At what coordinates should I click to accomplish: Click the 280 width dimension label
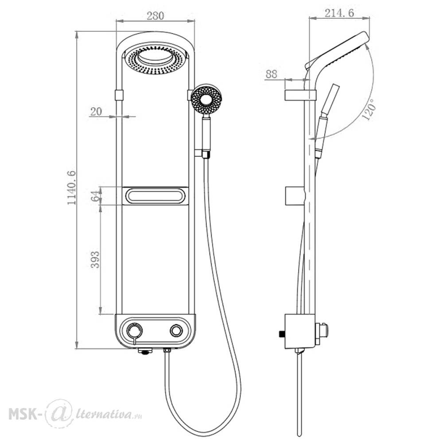(x=155, y=16)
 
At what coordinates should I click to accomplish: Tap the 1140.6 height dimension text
(x=71, y=187)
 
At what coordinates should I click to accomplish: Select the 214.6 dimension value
(x=339, y=13)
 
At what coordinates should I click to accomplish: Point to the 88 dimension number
(x=272, y=74)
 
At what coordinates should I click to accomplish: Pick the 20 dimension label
(x=96, y=112)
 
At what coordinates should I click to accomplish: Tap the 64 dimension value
(x=96, y=196)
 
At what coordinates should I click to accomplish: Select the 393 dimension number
(x=95, y=260)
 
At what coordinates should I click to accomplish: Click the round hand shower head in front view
(x=206, y=99)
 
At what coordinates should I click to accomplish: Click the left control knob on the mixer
(x=135, y=330)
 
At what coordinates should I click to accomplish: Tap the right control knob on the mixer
(x=176, y=330)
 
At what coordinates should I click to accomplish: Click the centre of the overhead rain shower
(x=155, y=59)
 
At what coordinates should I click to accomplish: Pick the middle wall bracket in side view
(x=295, y=196)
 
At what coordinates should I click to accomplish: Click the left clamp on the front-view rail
(x=119, y=95)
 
